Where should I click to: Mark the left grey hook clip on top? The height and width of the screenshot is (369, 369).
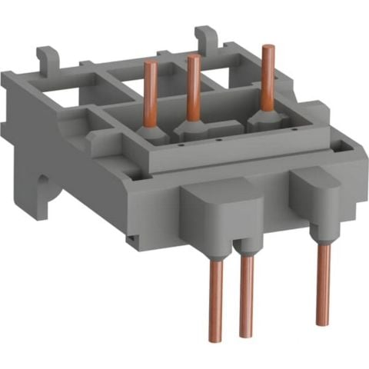(x=48, y=58)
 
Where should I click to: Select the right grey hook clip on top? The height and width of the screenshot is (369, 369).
(x=205, y=37)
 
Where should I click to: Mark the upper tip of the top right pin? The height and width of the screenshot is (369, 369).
(x=267, y=48)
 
